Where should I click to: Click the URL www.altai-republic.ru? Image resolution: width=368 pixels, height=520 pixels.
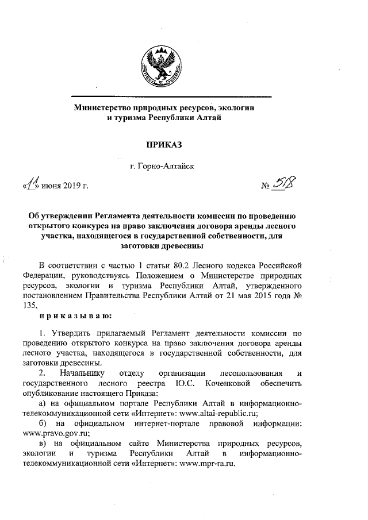[218, 413]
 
